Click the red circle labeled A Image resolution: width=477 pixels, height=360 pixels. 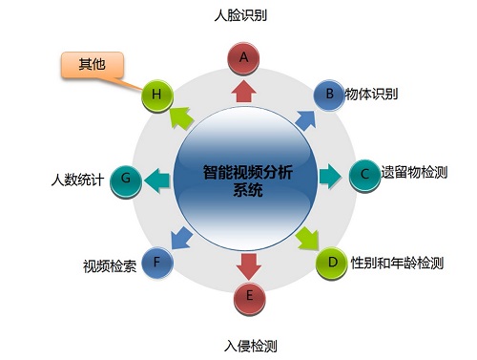pos(243,58)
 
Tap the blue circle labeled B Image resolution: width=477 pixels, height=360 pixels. pos(330,95)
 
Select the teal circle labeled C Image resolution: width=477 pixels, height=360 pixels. pos(364,175)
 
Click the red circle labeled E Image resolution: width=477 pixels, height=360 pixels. pos(249,296)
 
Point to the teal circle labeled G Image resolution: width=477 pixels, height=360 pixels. pos(126,179)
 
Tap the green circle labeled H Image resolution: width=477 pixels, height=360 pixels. pos(156,95)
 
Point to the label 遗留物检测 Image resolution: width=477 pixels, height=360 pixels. pos(415,174)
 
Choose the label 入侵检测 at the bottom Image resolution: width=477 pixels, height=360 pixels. pos(252,345)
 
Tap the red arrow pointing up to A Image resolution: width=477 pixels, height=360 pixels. pos(243,92)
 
